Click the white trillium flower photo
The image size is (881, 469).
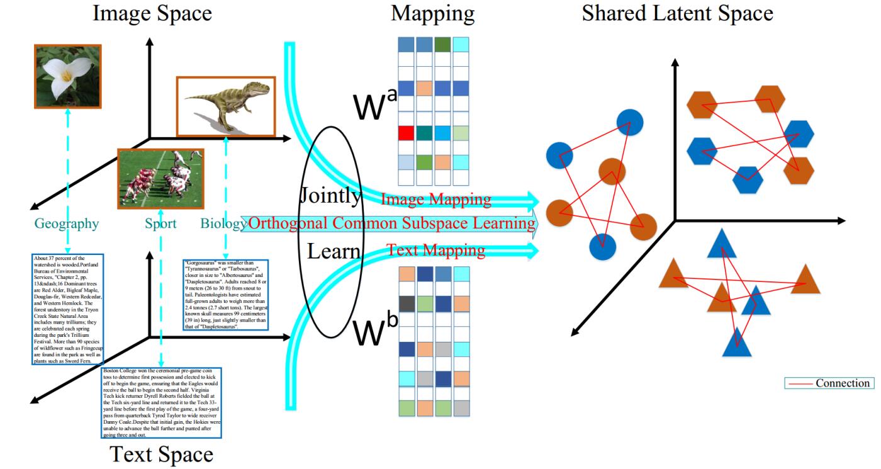tap(67, 76)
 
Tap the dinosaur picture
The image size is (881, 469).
tap(226, 106)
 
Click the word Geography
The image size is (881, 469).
tap(66, 223)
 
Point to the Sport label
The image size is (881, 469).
tap(160, 223)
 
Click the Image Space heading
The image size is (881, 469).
tap(152, 13)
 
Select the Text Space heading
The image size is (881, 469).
tap(162, 454)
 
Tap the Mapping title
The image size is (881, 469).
tap(433, 13)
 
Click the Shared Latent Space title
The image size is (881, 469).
tap(677, 13)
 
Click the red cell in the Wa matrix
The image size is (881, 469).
tap(406, 133)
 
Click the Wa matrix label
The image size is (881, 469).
tap(375, 108)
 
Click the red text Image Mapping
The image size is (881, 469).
tap(435, 200)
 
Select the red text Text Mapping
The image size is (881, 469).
tap(435, 251)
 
